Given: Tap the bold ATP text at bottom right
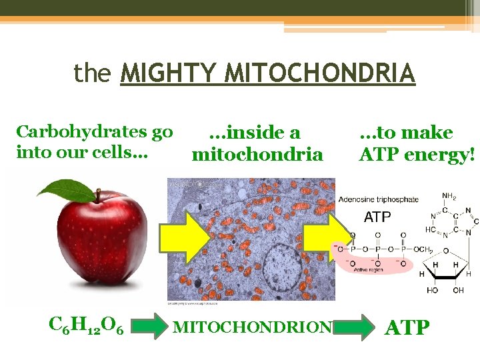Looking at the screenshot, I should coord(408,327).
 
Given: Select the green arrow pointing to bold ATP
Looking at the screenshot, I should coord(353,327).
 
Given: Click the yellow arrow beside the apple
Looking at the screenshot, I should coord(189,237).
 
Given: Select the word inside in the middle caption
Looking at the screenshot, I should coord(254,133).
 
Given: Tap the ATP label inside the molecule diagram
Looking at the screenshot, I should coord(378,217).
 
